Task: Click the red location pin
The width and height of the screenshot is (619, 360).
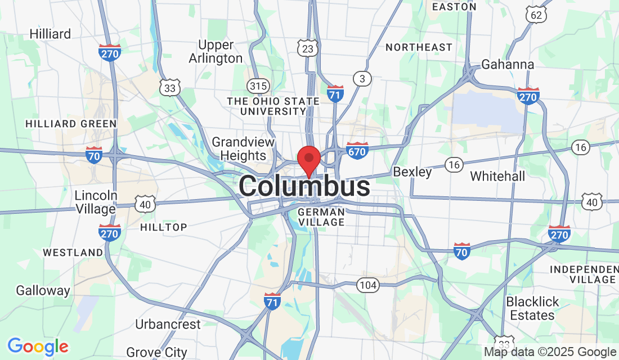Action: [308, 159]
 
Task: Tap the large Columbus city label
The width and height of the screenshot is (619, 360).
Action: [304, 187]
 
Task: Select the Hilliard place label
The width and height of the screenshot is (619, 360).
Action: [51, 34]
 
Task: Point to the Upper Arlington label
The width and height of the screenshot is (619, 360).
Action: [216, 52]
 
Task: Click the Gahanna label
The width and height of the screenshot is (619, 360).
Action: [508, 65]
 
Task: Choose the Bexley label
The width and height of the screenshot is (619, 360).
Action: [412, 172]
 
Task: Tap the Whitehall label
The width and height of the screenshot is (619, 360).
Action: [497, 176]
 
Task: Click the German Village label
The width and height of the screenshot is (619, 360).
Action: [321, 217]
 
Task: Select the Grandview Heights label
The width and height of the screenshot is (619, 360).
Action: [243, 148]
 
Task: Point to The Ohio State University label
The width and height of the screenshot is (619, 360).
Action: [273, 106]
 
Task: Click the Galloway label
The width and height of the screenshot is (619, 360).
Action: [43, 291]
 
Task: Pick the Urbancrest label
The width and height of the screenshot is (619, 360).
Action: [168, 325]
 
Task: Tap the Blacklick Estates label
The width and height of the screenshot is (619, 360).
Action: [533, 308]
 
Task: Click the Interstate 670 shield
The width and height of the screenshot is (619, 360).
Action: [357, 150]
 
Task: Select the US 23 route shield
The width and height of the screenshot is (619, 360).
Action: [308, 49]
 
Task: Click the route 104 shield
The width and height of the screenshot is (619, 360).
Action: [368, 285]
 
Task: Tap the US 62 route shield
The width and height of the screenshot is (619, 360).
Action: [536, 15]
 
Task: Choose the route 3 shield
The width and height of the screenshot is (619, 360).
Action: [362, 79]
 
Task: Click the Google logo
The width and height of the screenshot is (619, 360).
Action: [38, 346]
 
